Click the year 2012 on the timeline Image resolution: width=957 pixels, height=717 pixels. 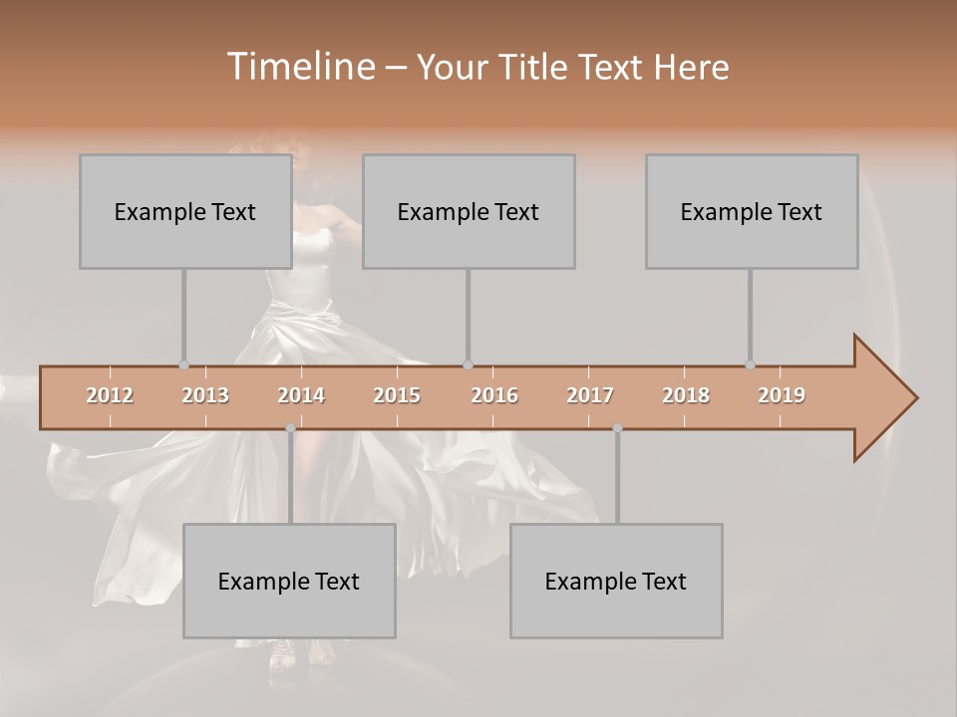click(110, 395)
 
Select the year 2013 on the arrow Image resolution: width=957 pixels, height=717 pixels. click(205, 395)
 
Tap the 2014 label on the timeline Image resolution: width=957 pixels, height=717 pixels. click(301, 395)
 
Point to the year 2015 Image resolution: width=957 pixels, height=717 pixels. click(397, 395)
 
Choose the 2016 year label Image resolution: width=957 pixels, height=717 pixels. click(494, 395)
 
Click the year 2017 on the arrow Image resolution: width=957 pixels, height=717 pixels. click(590, 395)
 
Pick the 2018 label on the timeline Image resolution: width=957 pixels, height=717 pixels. click(686, 395)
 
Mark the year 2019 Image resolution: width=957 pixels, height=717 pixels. click(782, 395)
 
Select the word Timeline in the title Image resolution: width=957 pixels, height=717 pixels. click(301, 67)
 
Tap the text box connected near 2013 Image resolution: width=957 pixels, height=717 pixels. click(185, 211)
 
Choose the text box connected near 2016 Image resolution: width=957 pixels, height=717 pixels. click(469, 211)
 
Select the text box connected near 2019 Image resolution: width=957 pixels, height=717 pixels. click(752, 211)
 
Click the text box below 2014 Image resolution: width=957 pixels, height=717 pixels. click(289, 581)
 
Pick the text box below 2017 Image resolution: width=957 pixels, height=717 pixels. click(616, 581)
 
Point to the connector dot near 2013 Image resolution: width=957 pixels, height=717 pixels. click(183, 365)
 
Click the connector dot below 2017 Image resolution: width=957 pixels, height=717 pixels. click(617, 428)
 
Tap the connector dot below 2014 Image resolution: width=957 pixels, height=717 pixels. click(290, 428)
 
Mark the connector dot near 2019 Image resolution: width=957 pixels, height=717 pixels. click(750, 365)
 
